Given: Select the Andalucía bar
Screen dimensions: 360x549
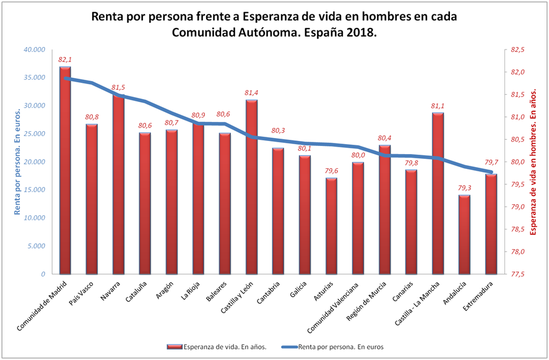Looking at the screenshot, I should (x=464, y=234).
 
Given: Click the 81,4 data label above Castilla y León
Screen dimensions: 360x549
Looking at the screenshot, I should (x=251, y=93).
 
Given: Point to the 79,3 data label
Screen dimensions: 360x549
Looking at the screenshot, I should (x=464, y=188).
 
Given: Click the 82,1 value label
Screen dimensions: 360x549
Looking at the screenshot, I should (x=65, y=59).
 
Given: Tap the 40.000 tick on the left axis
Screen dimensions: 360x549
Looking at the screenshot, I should (x=34, y=49).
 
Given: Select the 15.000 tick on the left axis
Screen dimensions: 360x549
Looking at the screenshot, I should (x=34, y=190).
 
